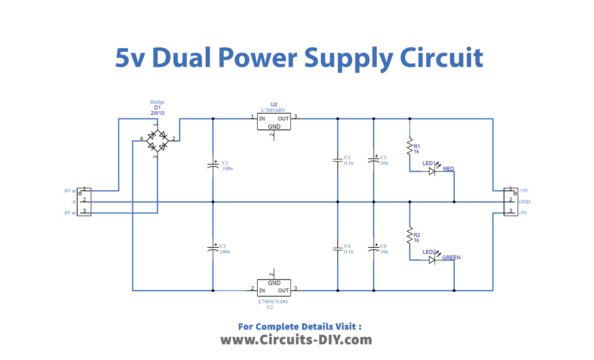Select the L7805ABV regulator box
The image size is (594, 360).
(x=275, y=123)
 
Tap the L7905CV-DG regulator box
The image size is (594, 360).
(x=275, y=285)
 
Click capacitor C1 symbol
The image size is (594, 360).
(x=212, y=164)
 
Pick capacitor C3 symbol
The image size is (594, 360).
(x=212, y=247)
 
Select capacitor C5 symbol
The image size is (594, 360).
(x=373, y=160)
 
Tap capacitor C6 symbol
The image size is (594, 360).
(x=373, y=247)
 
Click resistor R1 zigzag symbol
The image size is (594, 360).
(x=409, y=148)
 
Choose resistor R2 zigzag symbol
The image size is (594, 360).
(x=409, y=237)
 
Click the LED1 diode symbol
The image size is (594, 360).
(x=432, y=171)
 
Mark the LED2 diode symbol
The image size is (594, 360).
(x=432, y=259)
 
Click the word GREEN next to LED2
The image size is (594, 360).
(x=451, y=258)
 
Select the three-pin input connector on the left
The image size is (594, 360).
(x=85, y=200)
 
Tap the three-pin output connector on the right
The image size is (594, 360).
(x=509, y=200)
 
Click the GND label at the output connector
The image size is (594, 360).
(x=525, y=201)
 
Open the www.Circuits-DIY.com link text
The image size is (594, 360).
(x=296, y=341)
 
